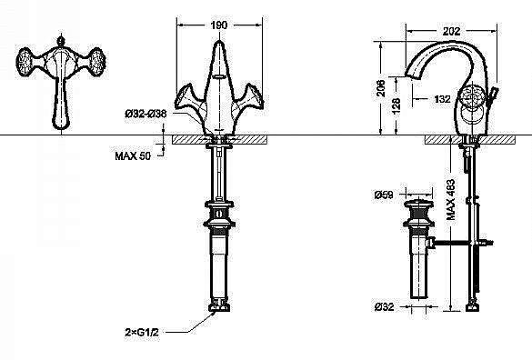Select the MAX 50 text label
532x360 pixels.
pos(133,156)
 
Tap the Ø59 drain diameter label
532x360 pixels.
pos(382,194)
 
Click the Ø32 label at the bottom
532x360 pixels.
pos(382,306)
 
